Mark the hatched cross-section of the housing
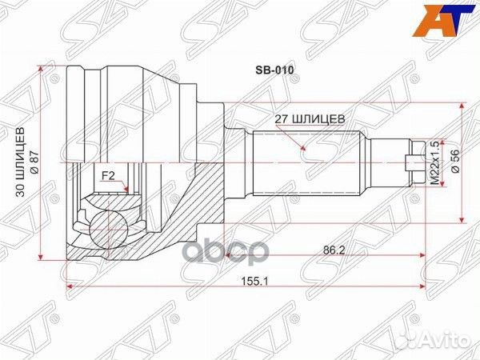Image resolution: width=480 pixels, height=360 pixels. tap(192, 200)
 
